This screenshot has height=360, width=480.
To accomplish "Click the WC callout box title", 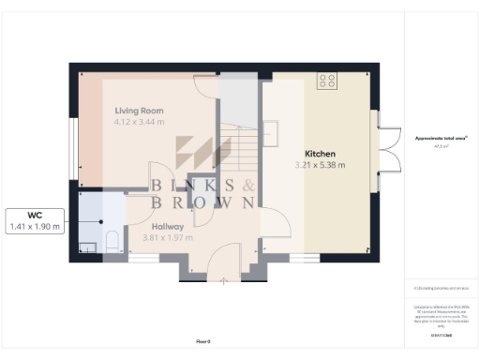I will [35, 214].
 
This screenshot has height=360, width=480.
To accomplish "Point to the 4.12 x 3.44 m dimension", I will [139, 122].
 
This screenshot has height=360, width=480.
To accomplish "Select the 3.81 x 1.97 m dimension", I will [167, 238].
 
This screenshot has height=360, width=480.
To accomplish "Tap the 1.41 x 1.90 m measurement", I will [35, 226].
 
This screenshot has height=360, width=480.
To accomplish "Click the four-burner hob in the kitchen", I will [327, 82].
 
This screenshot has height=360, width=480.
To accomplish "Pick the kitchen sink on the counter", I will [270, 129].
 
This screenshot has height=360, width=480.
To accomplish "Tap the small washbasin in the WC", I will [87, 247].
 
